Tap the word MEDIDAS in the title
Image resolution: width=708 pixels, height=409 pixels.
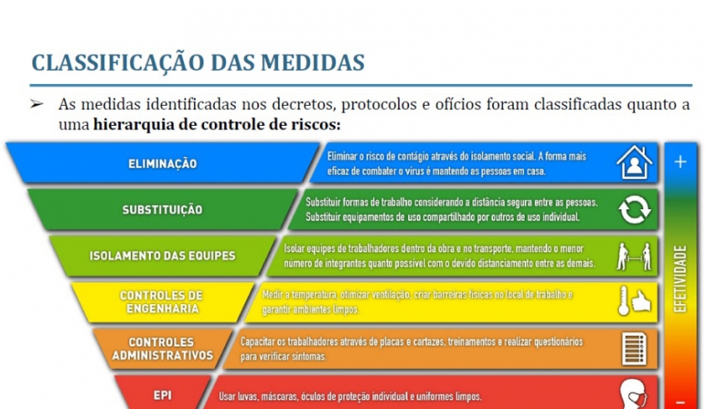312,62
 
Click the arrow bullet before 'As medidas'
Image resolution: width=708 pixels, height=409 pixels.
37,105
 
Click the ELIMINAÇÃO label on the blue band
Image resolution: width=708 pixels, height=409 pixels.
162,163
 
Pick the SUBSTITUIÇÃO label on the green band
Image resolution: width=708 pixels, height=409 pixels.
162,210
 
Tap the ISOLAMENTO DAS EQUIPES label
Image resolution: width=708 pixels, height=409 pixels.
162,256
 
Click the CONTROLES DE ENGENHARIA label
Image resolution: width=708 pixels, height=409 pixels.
162,302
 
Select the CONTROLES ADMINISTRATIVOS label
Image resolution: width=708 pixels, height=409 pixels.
162,349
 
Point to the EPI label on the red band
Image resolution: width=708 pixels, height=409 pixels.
162,396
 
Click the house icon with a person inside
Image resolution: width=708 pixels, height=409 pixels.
634,162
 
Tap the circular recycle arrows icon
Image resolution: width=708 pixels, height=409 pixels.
635,209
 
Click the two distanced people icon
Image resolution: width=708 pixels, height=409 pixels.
634,257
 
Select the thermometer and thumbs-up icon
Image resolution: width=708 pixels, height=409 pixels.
635,301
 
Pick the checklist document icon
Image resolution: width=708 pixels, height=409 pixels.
635,348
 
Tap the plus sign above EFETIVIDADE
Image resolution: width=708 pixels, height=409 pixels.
681,162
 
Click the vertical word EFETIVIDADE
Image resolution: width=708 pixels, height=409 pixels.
681,279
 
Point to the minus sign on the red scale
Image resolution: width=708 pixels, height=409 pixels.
681,402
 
